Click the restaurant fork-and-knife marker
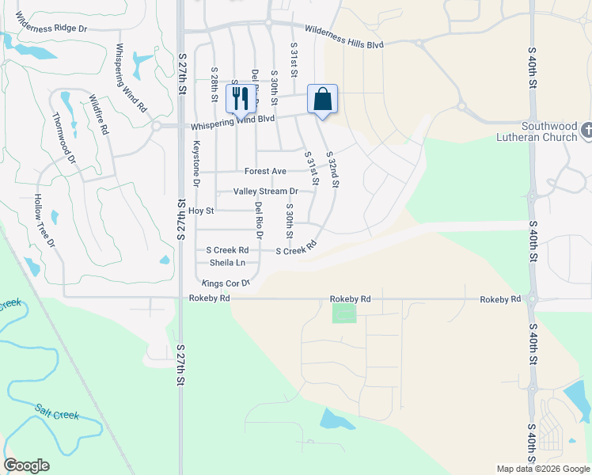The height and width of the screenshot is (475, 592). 239,98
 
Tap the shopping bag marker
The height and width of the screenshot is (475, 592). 322,100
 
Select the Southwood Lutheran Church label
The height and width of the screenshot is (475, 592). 554,131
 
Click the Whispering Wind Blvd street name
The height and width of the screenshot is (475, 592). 231,122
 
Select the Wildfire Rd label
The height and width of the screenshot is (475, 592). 98,114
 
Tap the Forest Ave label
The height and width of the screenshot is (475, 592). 265,171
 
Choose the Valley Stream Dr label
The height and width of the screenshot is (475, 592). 265,192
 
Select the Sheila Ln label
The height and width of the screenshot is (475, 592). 227,262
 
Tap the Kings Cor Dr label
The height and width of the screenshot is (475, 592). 226,283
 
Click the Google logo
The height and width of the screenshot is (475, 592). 26,465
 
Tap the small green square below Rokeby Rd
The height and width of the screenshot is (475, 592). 343,313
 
